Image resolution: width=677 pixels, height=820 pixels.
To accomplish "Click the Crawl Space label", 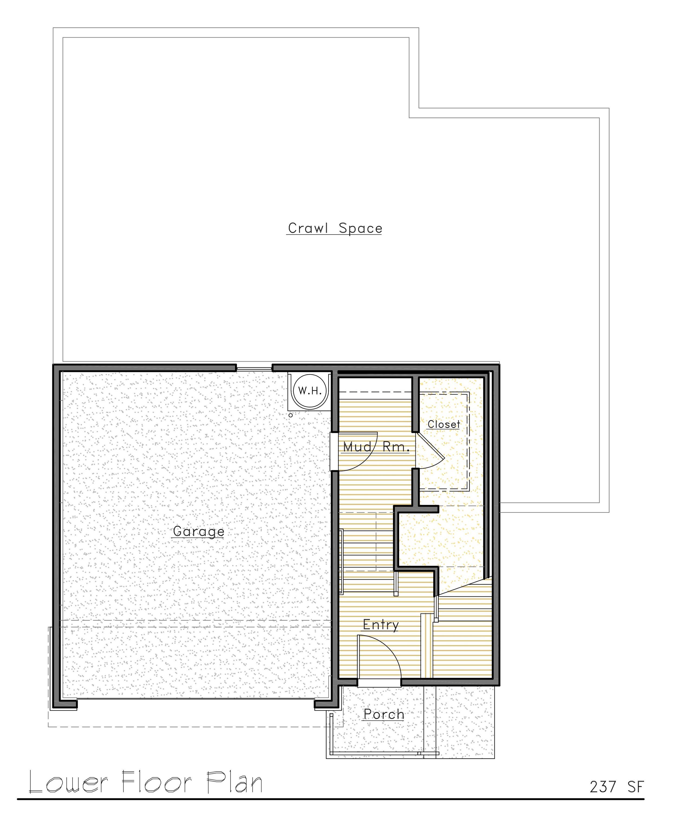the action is tap(335, 228).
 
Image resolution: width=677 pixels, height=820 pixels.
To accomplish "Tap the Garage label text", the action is tap(198, 532).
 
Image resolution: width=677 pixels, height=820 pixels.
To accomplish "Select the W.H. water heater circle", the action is tap(310, 391).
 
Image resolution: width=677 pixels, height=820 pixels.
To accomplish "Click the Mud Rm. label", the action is tap(376, 447).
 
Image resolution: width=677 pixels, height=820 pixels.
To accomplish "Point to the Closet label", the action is tap(444, 424).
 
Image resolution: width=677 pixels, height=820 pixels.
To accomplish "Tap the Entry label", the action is tap(381, 625).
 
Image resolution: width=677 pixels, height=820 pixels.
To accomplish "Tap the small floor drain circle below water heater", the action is tap(291, 415).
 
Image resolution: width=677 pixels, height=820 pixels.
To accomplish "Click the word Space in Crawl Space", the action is tap(361, 229).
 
